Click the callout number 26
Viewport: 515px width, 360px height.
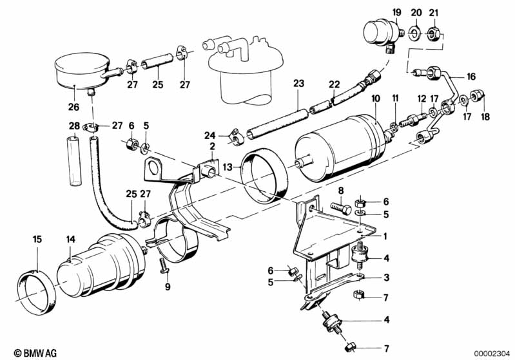point(73,107)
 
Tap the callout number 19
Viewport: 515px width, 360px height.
point(396,12)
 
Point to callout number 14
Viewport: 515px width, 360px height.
point(70,240)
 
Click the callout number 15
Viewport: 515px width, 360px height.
point(37,240)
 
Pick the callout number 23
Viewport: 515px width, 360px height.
point(298,83)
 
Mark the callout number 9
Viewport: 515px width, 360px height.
point(169,287)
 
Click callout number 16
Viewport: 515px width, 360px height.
point(471,77)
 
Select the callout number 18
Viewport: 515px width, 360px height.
point(486,117)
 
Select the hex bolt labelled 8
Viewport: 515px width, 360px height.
point(340,207)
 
